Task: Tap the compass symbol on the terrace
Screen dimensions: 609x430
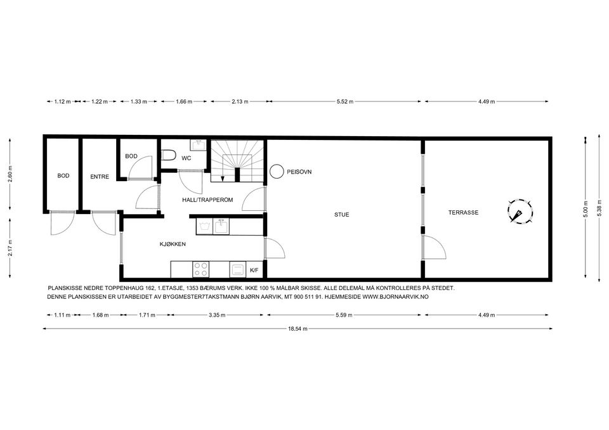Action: click(x=520, y=212)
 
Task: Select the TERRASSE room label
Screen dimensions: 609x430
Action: click(x=463, y=213)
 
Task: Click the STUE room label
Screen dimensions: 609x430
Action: click(x=342, y=215)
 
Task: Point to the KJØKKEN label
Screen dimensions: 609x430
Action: click(x=173, y=244)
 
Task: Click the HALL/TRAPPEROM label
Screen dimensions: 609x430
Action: click(x=208, y=200)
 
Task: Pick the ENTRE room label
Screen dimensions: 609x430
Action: click(x=100, y=177)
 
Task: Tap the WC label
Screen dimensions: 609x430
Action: click(x=187, y=158)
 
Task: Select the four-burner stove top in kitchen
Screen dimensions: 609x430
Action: click(x=201, y=270)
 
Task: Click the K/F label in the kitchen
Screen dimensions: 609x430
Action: click(x=254, y=270)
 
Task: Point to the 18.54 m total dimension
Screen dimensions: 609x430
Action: click(x=298, y=329)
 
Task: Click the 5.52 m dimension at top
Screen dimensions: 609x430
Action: click(x=345, y=101)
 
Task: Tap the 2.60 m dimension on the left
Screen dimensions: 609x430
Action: click(x=10, y=175)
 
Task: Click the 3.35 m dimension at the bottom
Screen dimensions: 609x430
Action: click(x=217, y=315)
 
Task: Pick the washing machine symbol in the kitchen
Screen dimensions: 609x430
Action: click(x=204, y=227)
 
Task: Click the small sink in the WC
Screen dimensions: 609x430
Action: click(x=199, y=145)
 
